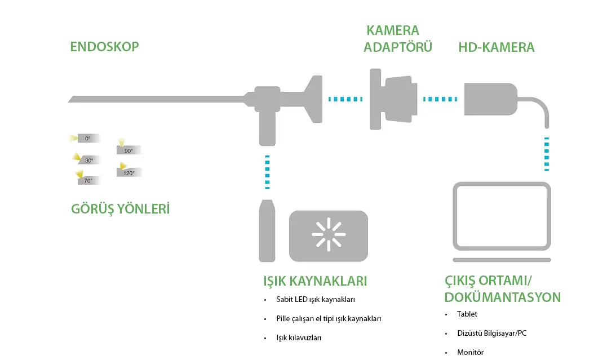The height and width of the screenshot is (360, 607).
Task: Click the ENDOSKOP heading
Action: click(104, 46)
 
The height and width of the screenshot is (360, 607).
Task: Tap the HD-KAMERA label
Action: click(496, 47)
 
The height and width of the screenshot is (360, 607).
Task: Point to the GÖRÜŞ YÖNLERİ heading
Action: click(121, 209)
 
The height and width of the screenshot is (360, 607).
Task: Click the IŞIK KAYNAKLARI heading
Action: click(315, 281)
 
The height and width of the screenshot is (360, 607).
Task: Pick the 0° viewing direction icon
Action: click(86, 138)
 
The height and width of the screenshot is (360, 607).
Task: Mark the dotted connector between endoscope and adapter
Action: click(345, 99)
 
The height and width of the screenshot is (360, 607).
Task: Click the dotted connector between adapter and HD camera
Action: click(440, 99)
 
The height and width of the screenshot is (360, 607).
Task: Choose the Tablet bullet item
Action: click(467, 314)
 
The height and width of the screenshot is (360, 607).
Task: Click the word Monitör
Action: click(471, 352)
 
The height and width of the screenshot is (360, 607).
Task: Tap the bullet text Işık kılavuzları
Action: click(299, 337)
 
